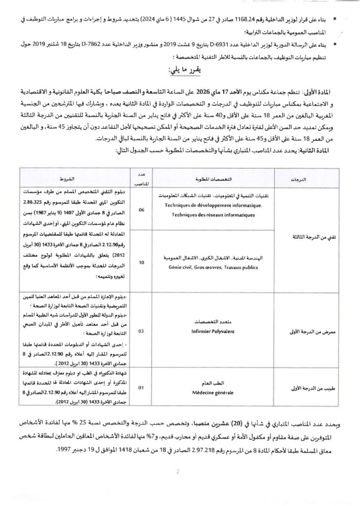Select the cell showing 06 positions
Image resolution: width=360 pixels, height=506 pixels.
[x=142, y=210]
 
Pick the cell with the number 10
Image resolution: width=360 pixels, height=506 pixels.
[x=142, y=262]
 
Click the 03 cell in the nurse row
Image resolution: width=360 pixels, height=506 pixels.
[x=142, y=331]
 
